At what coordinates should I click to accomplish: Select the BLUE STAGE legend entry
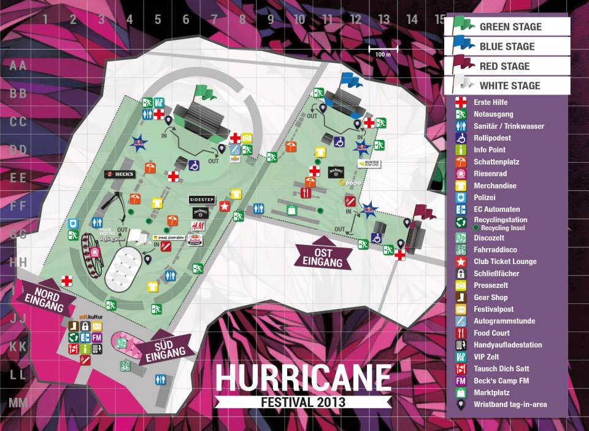point(507,47)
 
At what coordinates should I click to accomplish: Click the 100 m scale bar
point(383,48)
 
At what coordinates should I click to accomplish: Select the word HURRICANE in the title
point(303,379)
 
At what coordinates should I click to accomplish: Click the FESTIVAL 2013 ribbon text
point(303,403)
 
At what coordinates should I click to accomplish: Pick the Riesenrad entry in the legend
point(491,174)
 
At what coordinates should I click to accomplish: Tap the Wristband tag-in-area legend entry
point(509,404)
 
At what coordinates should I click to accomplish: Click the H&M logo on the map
point(198,227)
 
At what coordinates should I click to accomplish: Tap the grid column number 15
point(440,19)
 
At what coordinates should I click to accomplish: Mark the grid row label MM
point(18,403)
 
